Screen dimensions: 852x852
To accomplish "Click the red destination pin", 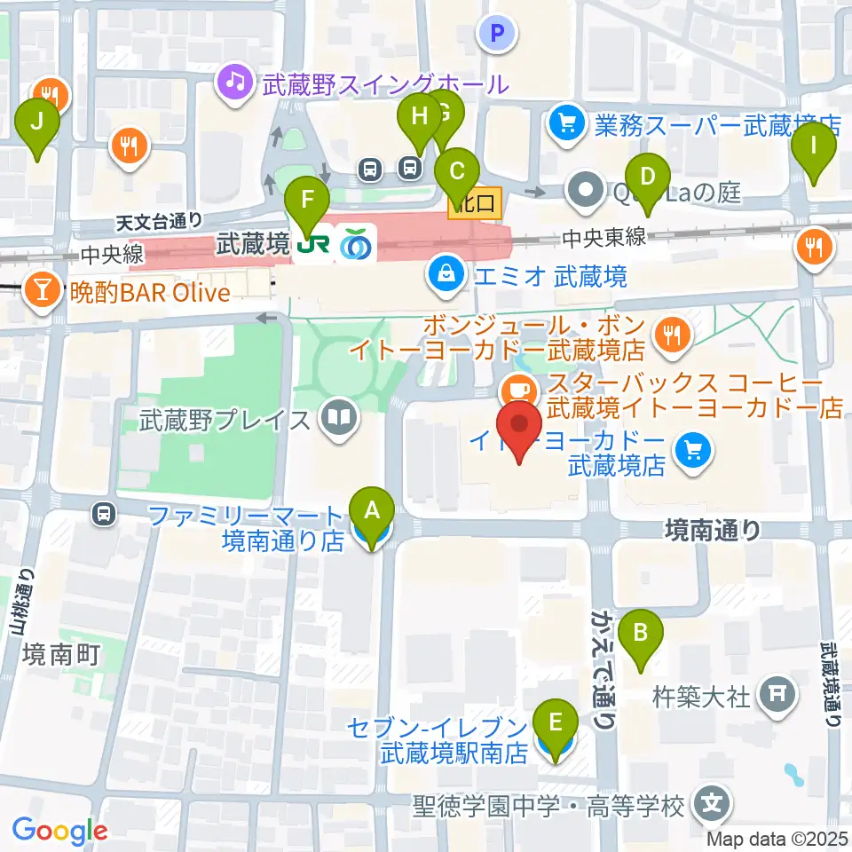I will pos(518,431).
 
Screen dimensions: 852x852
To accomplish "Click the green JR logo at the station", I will pos(310,242).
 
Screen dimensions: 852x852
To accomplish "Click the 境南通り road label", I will pos(712,530).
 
